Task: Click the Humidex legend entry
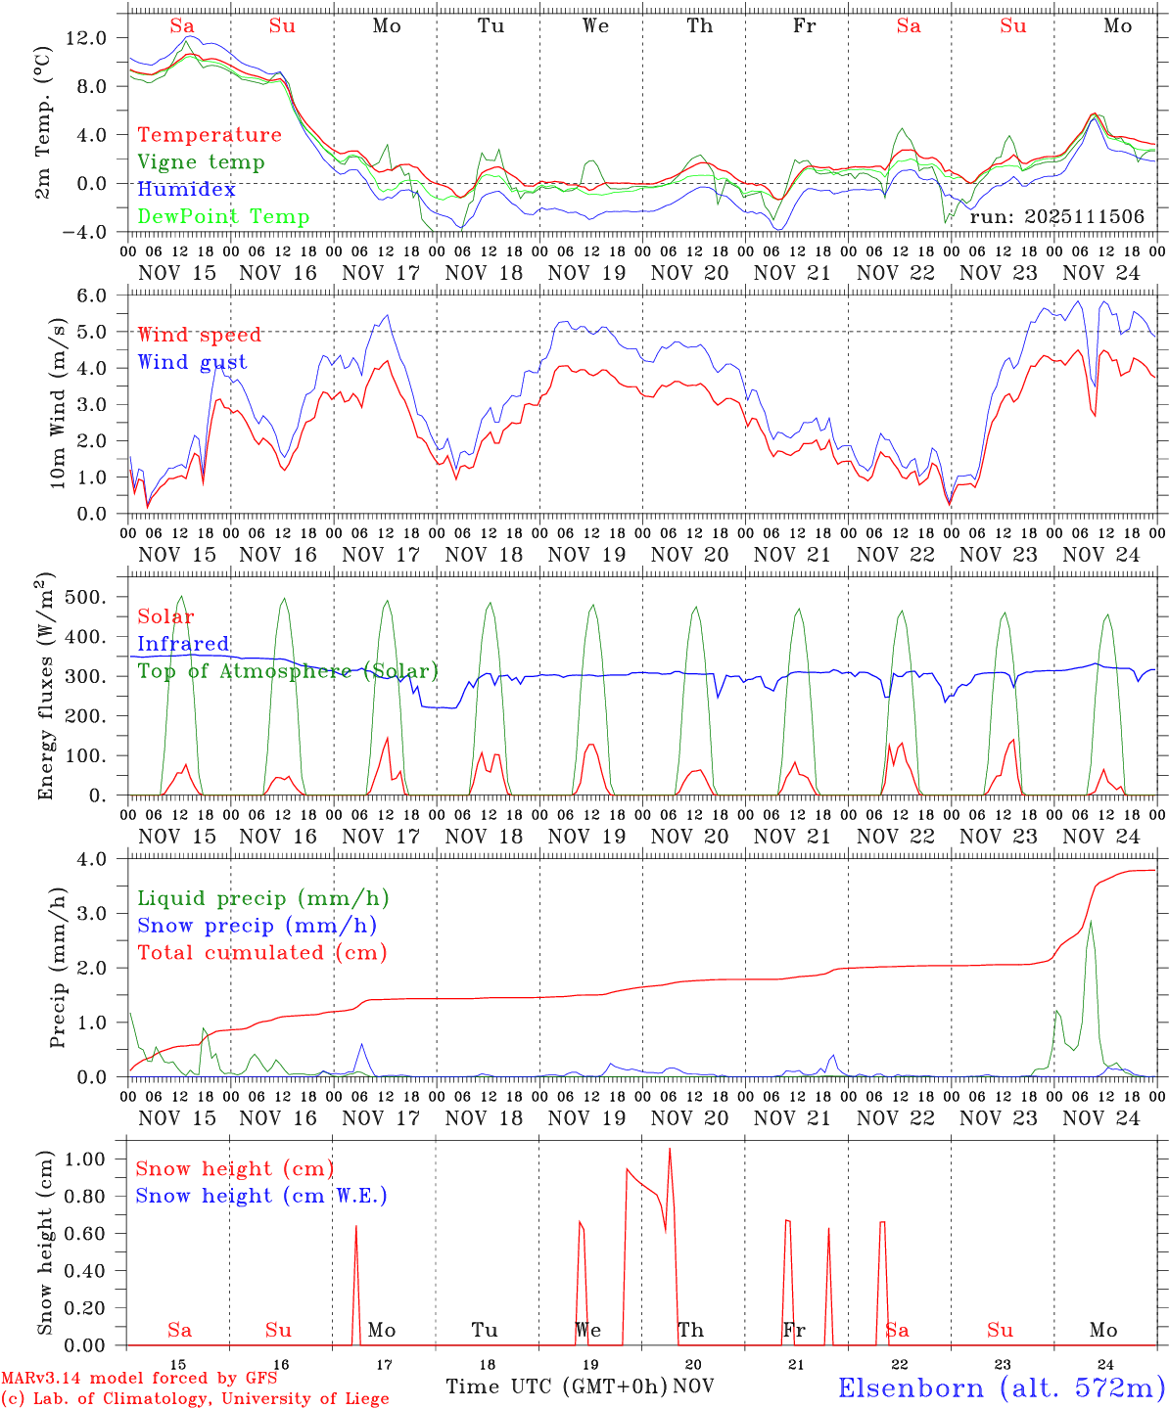[x=186, y=189]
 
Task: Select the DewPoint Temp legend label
[x=223, y=216]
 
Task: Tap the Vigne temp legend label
[x=201, y=161]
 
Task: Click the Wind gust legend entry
[x=192, y=362]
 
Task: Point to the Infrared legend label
[x=183, y=644]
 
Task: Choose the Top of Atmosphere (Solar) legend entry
[x=288, y=671]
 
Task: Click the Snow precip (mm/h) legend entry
[x=257, y=925]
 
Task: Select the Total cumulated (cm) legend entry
[x=262, y=952]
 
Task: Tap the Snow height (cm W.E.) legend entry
[x=261, y=1196]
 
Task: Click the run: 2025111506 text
[x=1056, y=216]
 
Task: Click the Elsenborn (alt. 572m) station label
[x=1001, y=1387]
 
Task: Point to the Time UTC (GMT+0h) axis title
[x=556, y=1386]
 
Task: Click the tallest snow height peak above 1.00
[x=670, y=1149]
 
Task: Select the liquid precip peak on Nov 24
[x=1090, y=922]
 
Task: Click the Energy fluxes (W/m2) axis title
[x=45, y=688]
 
